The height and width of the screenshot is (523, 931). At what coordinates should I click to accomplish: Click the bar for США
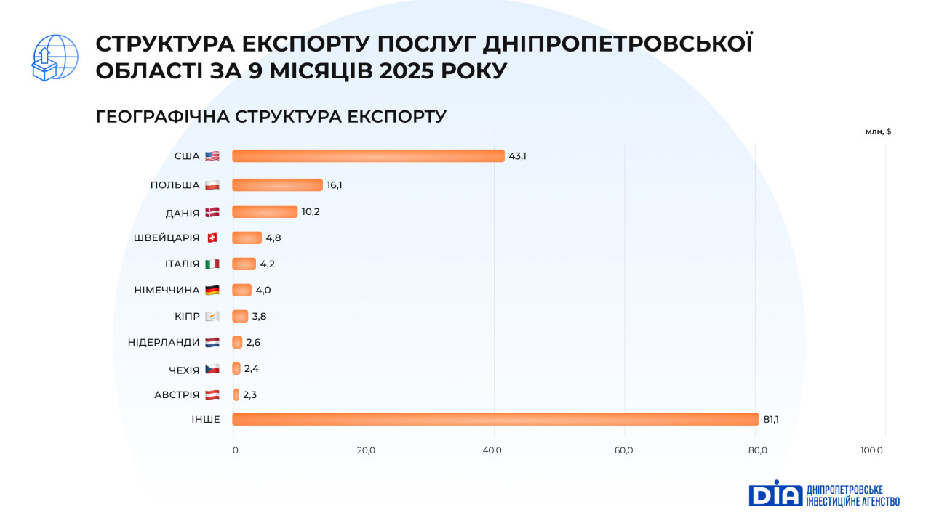tap(368, 156)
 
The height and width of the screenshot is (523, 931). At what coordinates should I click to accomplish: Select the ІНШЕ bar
tap(495, 419)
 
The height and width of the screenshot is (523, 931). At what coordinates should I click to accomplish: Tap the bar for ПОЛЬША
tap(277, 185)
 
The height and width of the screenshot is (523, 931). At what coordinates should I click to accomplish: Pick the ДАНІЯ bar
tap(265, 211)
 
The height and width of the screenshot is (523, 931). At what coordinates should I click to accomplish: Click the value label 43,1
tap(517, 156)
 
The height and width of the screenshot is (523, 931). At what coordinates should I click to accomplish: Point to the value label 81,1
tap(771, 419)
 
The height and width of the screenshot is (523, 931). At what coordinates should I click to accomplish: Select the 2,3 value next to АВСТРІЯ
tap(249, 394)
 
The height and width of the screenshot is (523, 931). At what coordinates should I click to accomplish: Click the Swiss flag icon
tap(212, 238)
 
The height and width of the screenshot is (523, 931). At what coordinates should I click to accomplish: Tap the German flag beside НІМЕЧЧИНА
tap(212, 290)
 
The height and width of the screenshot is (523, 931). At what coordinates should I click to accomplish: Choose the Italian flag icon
tap(212, 264)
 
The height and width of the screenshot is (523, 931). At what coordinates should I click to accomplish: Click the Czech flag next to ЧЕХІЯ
tap(212, 370)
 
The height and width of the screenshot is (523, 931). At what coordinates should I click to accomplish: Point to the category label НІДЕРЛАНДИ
tap(164, 342)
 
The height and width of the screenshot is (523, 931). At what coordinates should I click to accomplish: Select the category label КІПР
tap(186, 316)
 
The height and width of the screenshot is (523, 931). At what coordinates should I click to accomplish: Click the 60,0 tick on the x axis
tap(624, 450)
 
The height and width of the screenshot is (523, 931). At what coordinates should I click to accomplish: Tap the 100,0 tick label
tap(871, 450)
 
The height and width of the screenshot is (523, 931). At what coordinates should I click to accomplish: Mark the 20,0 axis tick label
tap(366, 450)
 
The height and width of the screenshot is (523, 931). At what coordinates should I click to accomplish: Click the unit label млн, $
tap(878, 131)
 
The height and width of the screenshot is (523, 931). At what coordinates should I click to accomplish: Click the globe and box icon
tap(55, 57)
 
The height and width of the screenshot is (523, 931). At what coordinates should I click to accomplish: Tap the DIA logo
tap(775, 493)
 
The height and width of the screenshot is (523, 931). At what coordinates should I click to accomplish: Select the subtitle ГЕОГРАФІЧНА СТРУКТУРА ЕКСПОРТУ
tap(271, 117)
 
